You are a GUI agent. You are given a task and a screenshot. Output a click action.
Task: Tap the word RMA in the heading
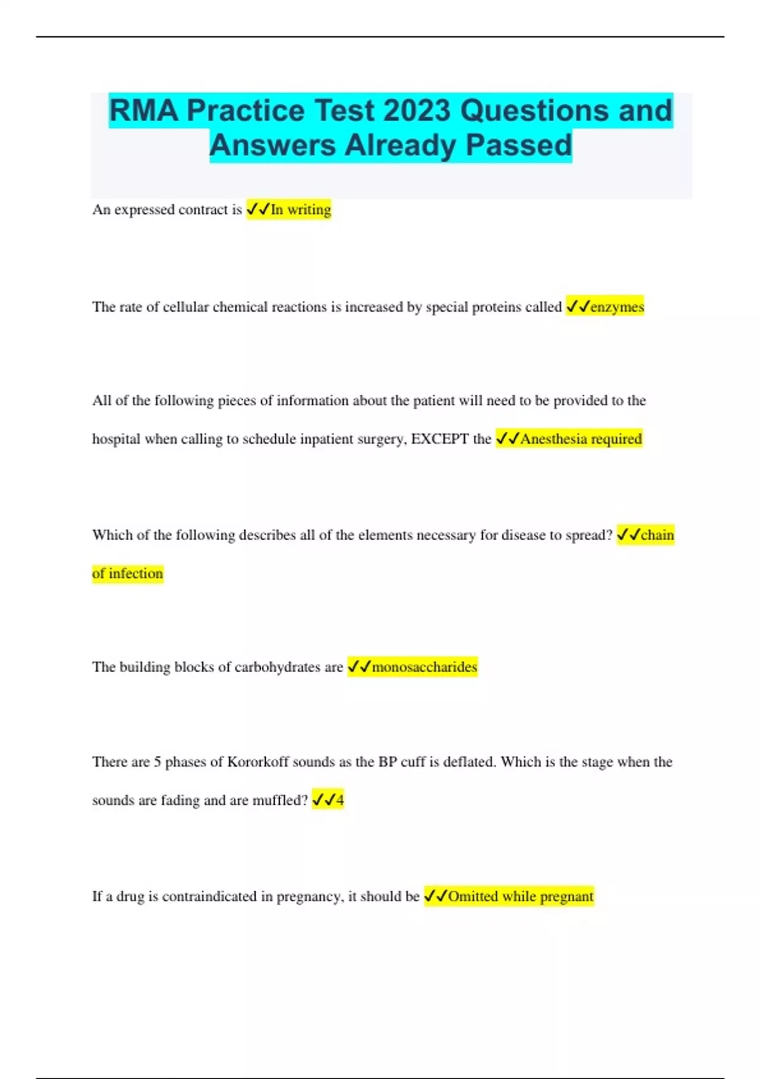[143, 110]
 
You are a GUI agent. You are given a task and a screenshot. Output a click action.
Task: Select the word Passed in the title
[519, 145]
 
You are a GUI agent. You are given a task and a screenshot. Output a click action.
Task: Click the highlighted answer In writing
[301, 209]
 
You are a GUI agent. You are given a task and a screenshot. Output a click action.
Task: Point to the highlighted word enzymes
[617, 307]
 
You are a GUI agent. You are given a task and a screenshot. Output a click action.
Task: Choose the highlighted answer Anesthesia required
[581, 439]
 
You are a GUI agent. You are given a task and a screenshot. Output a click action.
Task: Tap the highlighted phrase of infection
[127, 573]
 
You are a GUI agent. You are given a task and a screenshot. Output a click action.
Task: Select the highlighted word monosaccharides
[424, 666]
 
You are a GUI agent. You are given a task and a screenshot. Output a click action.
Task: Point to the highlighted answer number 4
[340, 800]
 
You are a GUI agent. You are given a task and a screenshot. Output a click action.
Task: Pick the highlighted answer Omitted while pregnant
[521, 896]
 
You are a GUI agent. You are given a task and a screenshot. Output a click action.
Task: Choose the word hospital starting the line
[116, 439]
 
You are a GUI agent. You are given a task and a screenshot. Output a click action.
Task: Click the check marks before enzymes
[578, 307]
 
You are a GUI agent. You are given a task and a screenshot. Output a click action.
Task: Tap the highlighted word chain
[657, 535]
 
